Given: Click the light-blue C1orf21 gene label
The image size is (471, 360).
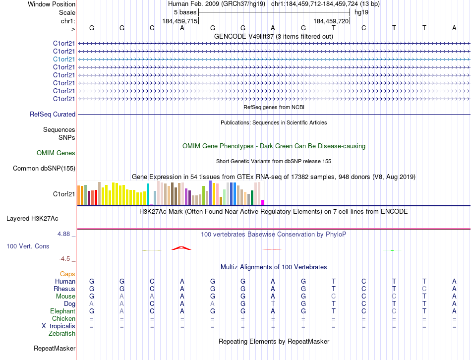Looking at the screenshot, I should pyautogui.click(x=64, y=59).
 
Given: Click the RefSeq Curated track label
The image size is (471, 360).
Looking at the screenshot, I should pyautogui.click(x=53, y=115).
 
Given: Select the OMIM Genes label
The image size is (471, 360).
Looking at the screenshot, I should pyautogui.click(x=56, y=153).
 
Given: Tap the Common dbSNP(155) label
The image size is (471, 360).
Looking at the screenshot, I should pyautogui.click(x=44, y=169).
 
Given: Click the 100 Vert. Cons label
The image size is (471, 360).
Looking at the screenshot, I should pyautogui.click(x=28, y=246).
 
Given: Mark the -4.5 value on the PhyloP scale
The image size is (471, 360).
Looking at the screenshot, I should pyautogui.click(x=66, y=258).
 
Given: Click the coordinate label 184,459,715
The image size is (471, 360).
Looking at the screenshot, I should pyautogui.click(x=180, y=21).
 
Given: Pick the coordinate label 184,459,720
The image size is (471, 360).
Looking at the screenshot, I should pyautogui.click(x=332, y=21).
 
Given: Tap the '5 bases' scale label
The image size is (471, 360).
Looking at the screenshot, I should pyautogui.click(x=185, y=12).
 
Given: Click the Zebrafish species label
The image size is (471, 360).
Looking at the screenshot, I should pyautogui.click(x=62, y=334).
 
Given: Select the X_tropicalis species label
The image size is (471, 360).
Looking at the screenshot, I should pyautogui.click(x=59, y=326).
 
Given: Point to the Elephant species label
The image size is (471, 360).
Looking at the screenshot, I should pyautogui.click(x=62, y=311).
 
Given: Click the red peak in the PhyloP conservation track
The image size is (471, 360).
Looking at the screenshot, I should pyautogui.click(x=181, y=247).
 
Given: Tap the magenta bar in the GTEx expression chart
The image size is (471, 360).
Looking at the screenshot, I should pyautogui.click(x=262, y=202).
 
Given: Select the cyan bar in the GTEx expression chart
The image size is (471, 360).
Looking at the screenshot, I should pyautogui.click(x=148, y=194).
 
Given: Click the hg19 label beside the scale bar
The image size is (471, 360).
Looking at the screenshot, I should pyautogui.click(x=360, y=12).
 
